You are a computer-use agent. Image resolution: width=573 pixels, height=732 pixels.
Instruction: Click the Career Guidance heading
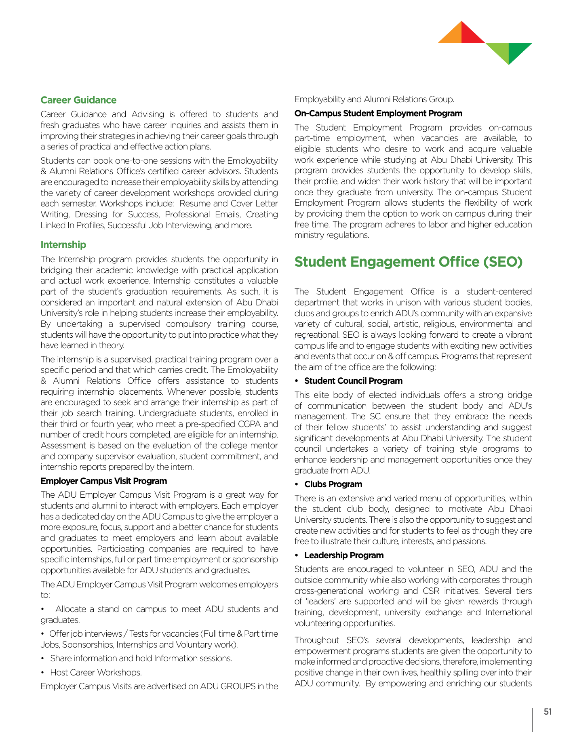point(78,100)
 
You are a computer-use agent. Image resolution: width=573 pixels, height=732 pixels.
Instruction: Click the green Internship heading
point(63,245)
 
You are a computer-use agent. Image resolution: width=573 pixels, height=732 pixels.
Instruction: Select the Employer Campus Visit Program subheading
point(104,481)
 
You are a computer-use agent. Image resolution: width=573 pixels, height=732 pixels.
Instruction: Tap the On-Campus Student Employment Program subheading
point(378,114)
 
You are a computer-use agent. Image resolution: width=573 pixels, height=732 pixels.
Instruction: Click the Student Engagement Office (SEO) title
point(409,262)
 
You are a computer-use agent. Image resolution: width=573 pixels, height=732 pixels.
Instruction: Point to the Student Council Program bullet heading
point(353,381)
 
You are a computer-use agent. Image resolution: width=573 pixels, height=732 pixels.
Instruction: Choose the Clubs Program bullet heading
point(333,484)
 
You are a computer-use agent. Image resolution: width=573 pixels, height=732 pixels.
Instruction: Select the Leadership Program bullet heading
point(344,555)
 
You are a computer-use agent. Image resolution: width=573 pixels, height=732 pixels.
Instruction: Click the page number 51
point(548,712)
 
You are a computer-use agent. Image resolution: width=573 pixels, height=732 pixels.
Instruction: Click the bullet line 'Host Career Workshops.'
point(96,673)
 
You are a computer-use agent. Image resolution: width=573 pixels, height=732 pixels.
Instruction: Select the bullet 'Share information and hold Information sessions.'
point(141,658)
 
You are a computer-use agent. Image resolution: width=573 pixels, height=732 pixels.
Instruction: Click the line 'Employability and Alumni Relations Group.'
point(374,99)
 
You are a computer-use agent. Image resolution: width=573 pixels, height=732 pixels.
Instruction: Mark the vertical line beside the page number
point(532,719)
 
